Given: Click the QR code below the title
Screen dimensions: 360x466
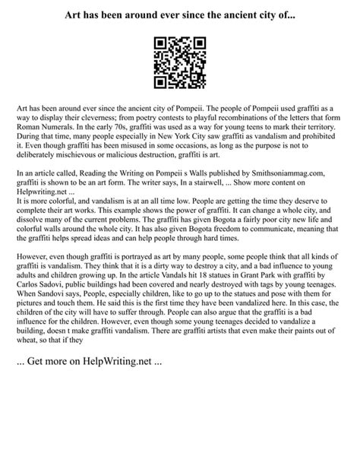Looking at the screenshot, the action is click(180, 62).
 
